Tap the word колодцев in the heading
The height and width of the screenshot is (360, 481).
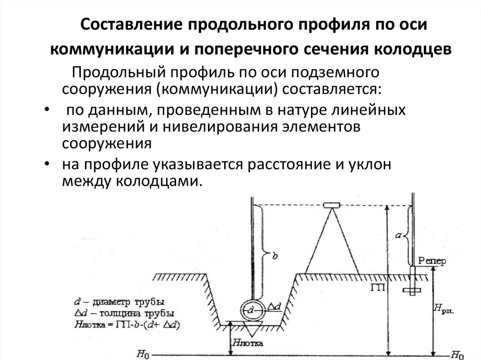[x=413, y=49]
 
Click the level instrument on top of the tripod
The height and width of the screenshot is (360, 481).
[x=332, y=205]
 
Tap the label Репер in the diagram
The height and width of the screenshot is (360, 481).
[x=432, y=261]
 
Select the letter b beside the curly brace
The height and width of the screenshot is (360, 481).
[x=275, y=255]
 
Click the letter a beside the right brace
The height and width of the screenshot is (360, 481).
[x=398, y=236]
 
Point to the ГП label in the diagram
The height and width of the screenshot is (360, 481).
[x=377, y=287]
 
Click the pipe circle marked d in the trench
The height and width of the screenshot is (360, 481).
[x=252, y=310]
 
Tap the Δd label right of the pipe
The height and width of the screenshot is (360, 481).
[x=274, y=306]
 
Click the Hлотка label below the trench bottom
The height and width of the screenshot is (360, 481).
[x=248, y=343]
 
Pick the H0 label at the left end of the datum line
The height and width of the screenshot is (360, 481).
[x=143, y=354]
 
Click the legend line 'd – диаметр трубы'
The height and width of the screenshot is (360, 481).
[x=119, y=302]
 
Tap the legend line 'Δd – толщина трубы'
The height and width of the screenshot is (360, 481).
[x=124, y=314]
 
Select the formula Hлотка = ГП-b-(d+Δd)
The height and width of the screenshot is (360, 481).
[x=127, y=325]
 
